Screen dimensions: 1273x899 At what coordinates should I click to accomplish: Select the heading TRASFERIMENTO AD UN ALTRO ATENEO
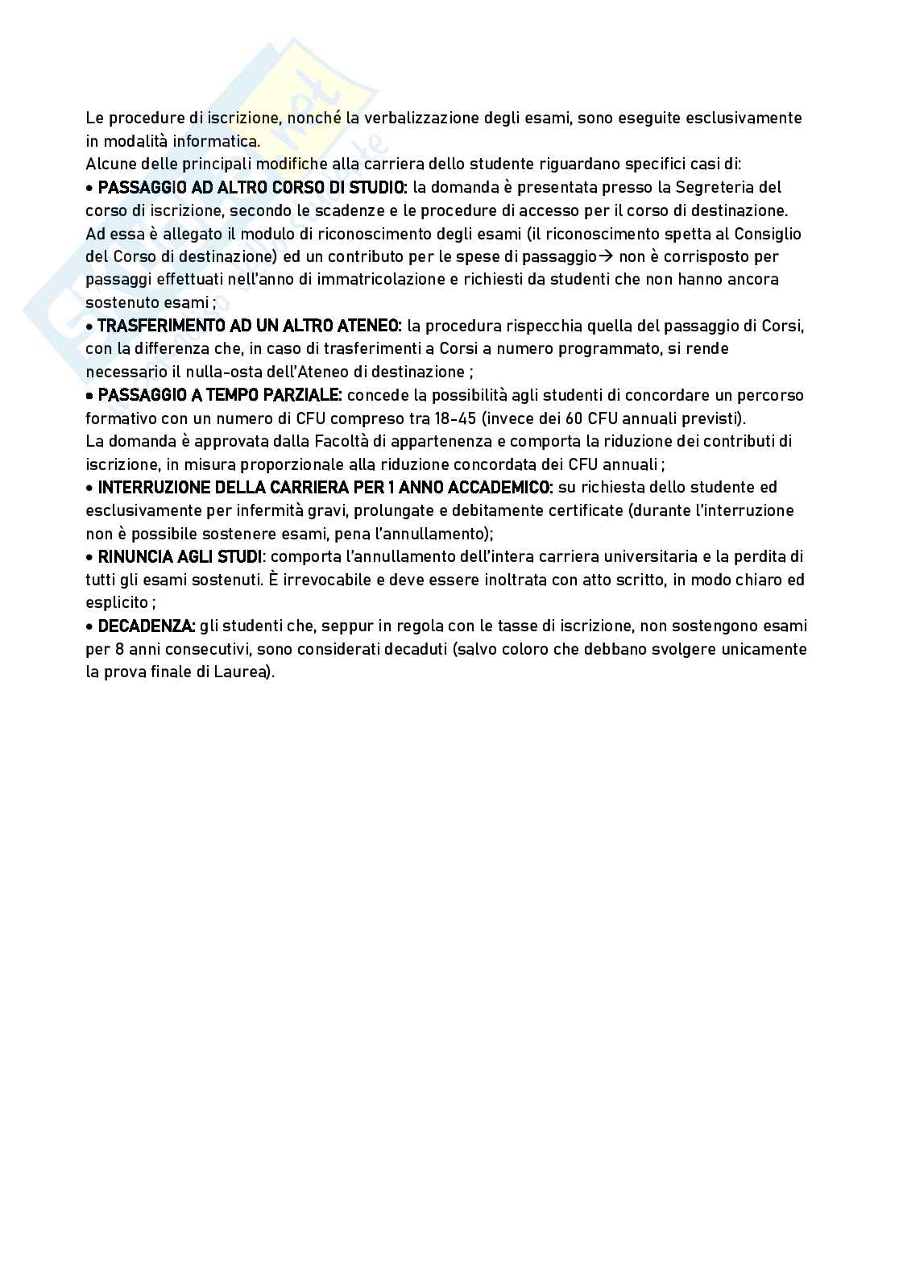[249, 326]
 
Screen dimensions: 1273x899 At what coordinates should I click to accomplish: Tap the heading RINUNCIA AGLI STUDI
[180, 557]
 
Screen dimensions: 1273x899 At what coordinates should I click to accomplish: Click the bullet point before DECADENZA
[89, 626]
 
